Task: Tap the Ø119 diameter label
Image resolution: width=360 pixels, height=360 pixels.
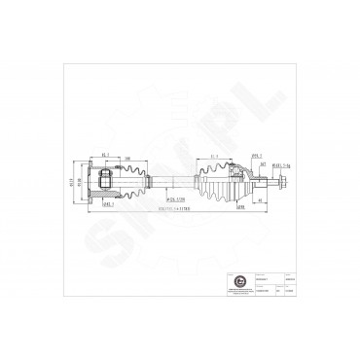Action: click(70, 183)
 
